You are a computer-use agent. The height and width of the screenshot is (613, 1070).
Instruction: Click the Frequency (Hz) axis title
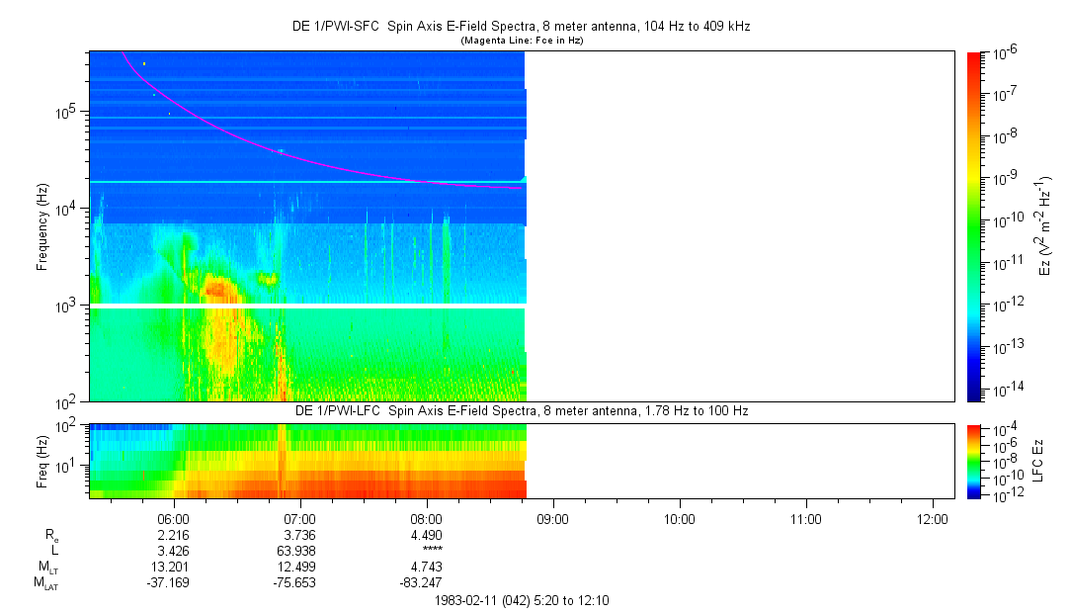[42, 226]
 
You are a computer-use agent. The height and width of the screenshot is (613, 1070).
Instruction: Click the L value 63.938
[299, 551]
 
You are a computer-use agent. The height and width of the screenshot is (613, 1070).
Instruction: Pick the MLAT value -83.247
[427, 582]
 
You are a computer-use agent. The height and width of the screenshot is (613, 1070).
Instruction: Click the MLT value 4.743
[427, 567]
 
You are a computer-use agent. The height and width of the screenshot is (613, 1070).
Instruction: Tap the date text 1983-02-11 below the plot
[467, 599]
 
